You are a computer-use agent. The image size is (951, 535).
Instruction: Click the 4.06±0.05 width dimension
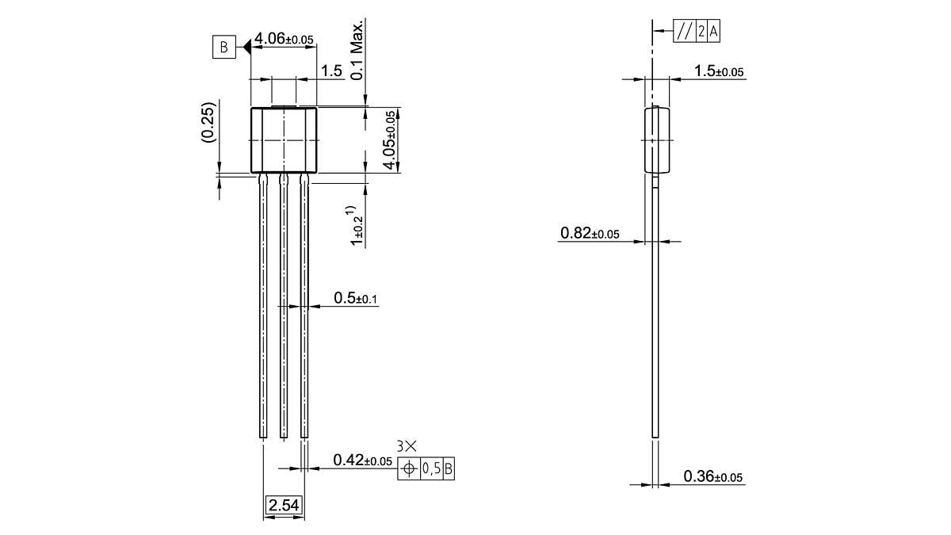point(284,39)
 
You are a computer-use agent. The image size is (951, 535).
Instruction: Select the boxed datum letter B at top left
point(223,48)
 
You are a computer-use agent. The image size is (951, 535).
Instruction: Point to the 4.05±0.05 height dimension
point(390,139)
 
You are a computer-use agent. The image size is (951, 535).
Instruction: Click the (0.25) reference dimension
point(208,121)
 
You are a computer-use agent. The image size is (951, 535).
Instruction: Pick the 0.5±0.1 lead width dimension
point(356,298)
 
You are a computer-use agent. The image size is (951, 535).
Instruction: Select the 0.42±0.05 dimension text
point(362,460)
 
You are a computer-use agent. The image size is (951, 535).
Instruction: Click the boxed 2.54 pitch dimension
point(283,505)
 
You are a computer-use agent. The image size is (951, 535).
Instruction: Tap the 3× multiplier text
point(407,447)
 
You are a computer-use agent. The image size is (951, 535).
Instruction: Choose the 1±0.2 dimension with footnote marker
point(357,226)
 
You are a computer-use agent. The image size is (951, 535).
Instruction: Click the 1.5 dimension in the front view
point(332,71)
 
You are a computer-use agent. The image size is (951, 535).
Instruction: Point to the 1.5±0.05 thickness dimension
point(719,71)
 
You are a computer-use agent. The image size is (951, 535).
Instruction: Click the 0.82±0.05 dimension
point(590,233)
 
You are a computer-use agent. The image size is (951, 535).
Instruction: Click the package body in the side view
point(657,139)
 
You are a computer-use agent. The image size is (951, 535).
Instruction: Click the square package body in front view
point(284,139)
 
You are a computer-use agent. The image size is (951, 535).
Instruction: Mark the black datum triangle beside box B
point(246,48)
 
